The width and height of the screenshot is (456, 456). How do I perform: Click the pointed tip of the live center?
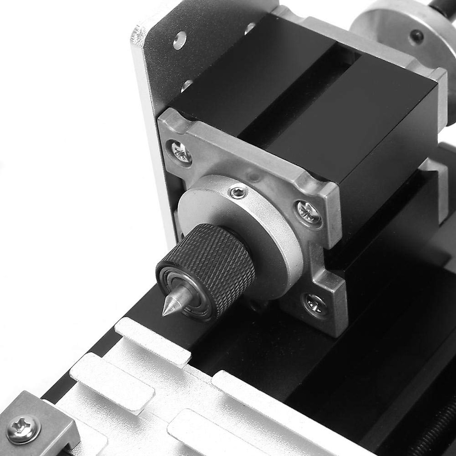(x=166, y=311)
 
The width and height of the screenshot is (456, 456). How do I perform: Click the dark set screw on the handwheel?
(x=418, y=36)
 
